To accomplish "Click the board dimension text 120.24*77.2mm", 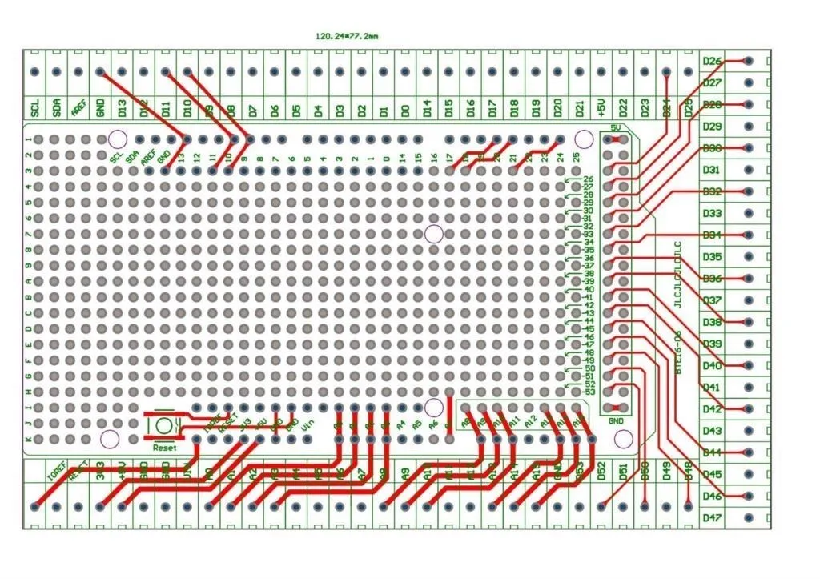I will tap(347, 36).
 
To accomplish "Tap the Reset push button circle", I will tap(164, 425).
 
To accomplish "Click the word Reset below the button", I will tap(164, 448).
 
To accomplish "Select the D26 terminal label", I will tap(712, 62).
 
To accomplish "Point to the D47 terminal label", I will tap(712, 518).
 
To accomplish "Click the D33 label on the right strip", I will tap(712, 214).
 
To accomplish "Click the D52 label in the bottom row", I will tap(601, 472).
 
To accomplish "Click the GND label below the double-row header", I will tap(616, 421).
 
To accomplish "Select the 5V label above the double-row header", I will tap(616, 128).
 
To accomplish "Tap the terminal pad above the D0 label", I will tap(405, 73).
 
